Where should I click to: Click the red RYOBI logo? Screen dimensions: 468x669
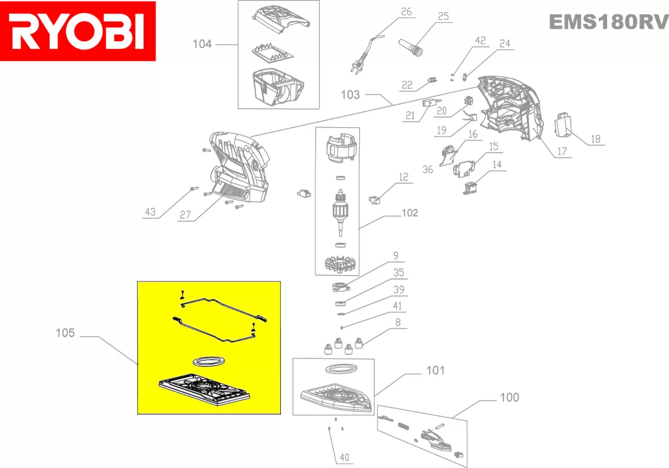78,31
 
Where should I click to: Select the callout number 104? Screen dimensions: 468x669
202,44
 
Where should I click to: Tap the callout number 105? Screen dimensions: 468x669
65,333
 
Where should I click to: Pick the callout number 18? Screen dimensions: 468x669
596,139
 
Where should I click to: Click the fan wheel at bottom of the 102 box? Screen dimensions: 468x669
338,263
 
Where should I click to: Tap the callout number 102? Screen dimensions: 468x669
409,213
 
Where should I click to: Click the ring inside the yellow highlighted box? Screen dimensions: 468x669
209,361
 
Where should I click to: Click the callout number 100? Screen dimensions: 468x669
509,397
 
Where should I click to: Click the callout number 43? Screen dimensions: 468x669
150,212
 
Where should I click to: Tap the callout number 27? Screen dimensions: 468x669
185,216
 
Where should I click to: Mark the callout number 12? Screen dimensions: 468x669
403,178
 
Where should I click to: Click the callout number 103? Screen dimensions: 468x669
351,95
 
